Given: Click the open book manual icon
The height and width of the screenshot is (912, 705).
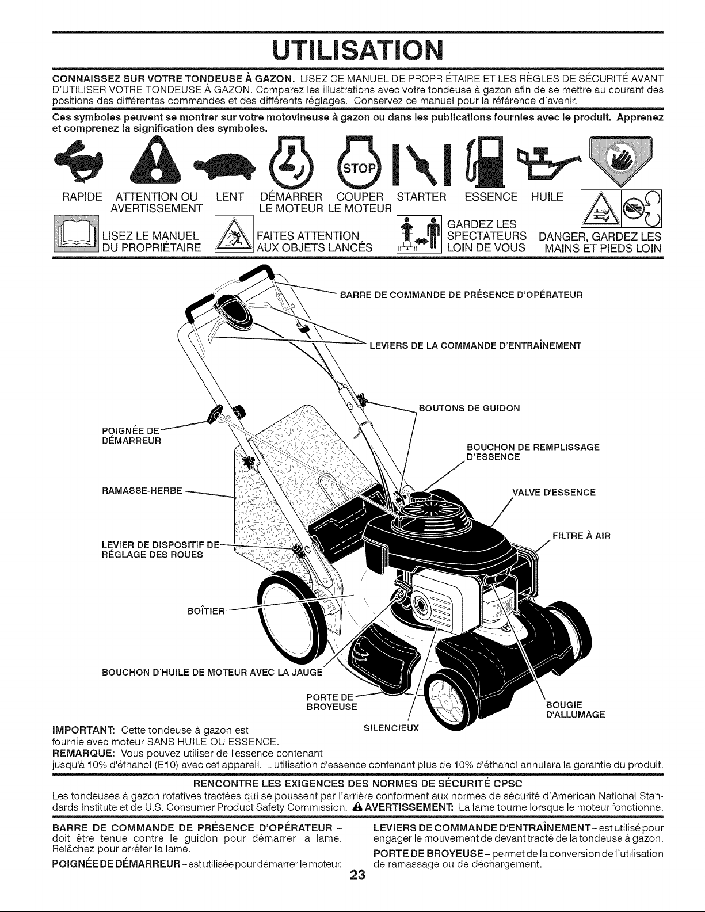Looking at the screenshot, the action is [x=76, y=234].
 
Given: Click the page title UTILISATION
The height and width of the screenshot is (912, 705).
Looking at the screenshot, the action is [x=357, y=51].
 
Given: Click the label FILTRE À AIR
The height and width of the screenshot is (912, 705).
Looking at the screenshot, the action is [x=581, y=536].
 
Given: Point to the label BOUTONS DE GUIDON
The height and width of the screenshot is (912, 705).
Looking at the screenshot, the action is [x=469, y=409].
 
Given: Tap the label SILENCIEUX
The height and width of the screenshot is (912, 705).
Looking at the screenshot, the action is [x=391, y=728].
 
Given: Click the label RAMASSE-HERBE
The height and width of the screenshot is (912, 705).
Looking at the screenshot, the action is [x=142, y=491].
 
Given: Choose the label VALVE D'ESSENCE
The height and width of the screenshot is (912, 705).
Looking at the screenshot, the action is [x=554, y=493].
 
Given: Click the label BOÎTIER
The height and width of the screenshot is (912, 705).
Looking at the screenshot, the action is [x=206, y=611].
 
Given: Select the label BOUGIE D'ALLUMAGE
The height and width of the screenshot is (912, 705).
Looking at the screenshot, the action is [x=576, y=709].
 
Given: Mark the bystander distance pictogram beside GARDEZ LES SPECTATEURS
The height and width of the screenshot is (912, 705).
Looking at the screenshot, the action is [x=419, y=234].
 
